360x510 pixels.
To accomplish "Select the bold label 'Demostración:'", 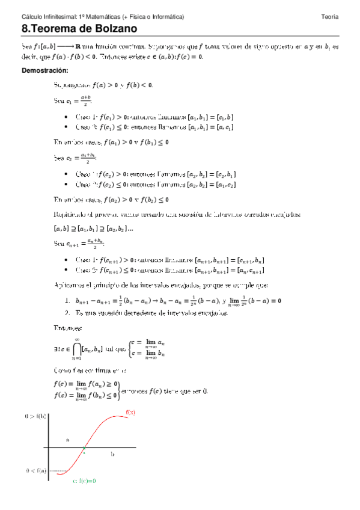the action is point(44,70).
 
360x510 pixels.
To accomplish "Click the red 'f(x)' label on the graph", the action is point(131,412).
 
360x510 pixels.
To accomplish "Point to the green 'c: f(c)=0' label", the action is point(84,481).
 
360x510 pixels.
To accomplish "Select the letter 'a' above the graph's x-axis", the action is point(67,440).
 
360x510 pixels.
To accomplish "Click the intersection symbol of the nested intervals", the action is point(77,349).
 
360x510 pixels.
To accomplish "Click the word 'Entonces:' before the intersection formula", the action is point(67,328).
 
